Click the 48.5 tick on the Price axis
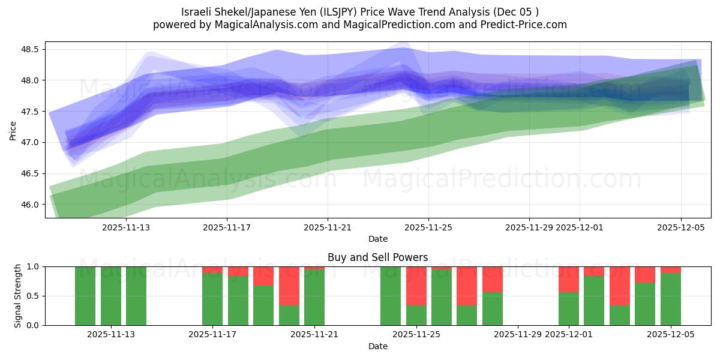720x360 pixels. click(31, 49)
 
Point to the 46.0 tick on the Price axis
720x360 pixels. click(31, 205)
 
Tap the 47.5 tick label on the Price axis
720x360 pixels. click(31, 112)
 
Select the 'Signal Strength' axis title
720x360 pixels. click(18, 295)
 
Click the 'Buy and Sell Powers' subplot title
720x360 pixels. click(377, 257)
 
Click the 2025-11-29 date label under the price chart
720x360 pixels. click(529, 227)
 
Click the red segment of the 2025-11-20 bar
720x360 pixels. click(289, 286)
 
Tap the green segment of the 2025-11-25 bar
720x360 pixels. click(416, 315)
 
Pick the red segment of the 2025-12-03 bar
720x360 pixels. click(620, 286)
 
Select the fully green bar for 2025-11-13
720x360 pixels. click(111, 296)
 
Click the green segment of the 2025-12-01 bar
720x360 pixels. click(569, 308)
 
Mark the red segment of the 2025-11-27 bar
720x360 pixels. click(467, 286)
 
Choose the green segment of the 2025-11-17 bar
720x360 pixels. click(212, 299)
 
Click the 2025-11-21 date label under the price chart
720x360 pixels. click(327, 227)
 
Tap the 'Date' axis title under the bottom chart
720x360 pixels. click(377, 346)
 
